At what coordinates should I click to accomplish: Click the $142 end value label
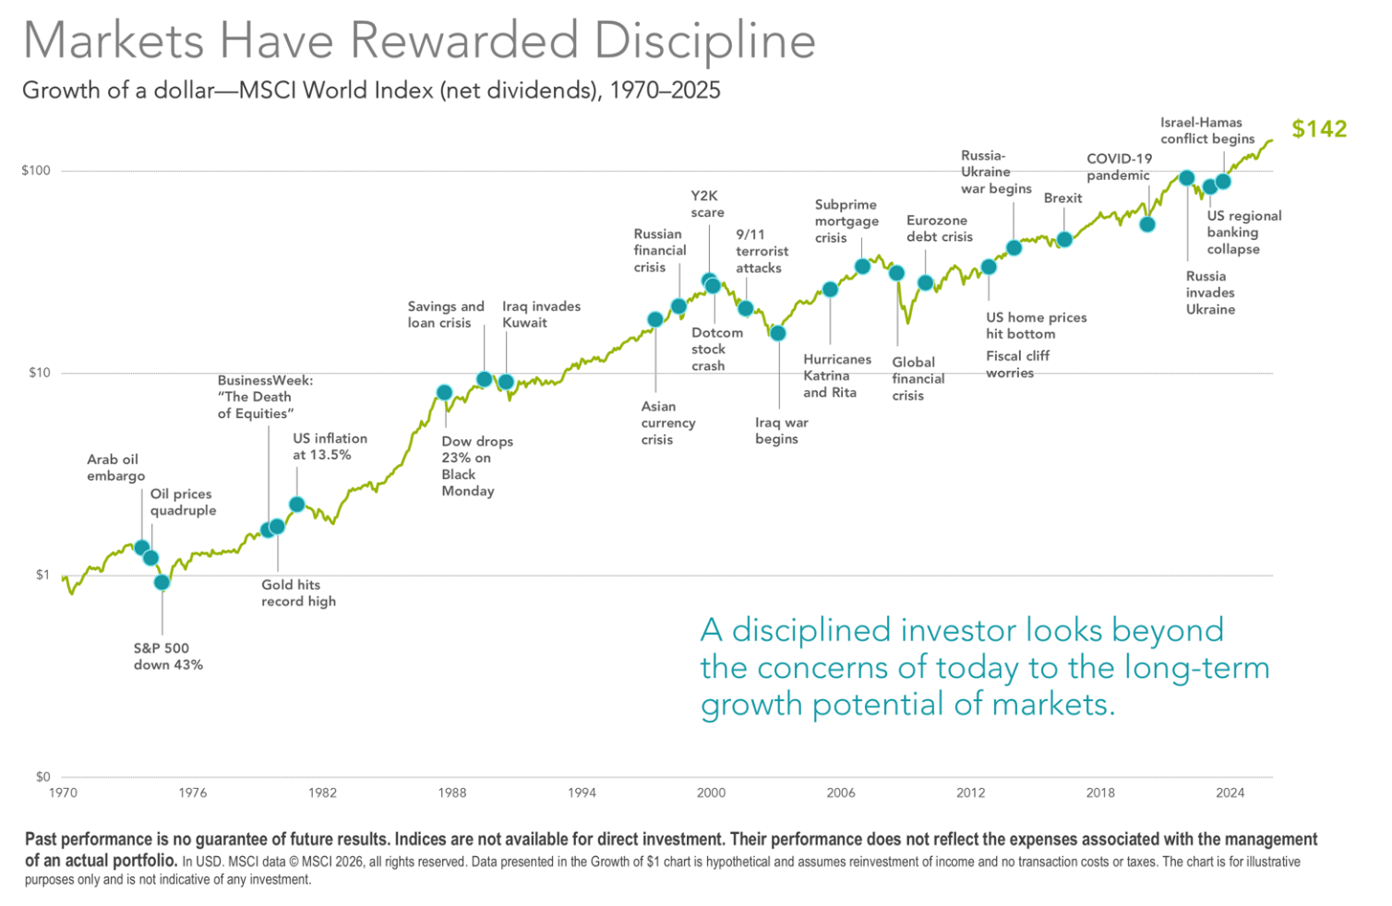1318,129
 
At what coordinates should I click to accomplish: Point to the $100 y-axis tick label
36,171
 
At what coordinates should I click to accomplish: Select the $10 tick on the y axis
38,373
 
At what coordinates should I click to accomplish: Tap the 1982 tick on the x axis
322,793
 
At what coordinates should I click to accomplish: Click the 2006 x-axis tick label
841,793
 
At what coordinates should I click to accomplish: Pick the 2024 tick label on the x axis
1230,793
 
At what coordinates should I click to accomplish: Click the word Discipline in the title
704,42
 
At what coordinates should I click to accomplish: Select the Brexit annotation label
1062,198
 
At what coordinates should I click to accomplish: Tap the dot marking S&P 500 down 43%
162,582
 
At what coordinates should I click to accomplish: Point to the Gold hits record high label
298,593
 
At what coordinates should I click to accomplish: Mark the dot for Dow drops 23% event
444,393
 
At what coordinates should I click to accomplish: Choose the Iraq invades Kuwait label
541,315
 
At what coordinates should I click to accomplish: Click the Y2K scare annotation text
707,204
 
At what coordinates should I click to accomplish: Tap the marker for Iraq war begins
778,333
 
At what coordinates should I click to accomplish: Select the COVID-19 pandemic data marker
1147,224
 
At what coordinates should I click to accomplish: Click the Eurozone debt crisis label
939,229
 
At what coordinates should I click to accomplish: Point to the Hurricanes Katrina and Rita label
836,376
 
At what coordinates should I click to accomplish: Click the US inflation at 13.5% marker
297,505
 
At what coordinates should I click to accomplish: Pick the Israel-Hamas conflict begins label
1206,130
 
